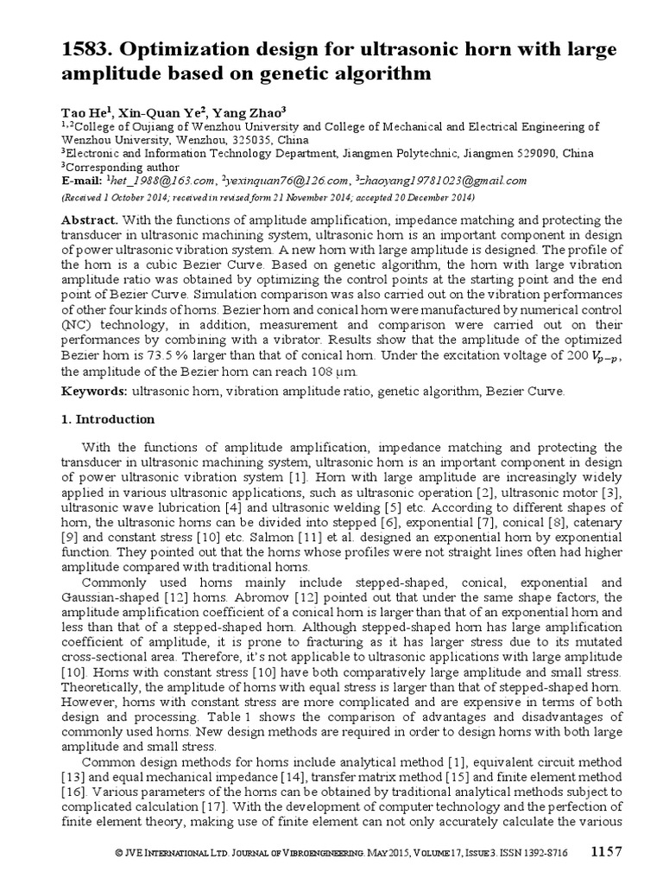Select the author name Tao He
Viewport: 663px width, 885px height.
click(81, 111)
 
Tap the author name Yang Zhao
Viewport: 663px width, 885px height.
click(258, 111)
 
